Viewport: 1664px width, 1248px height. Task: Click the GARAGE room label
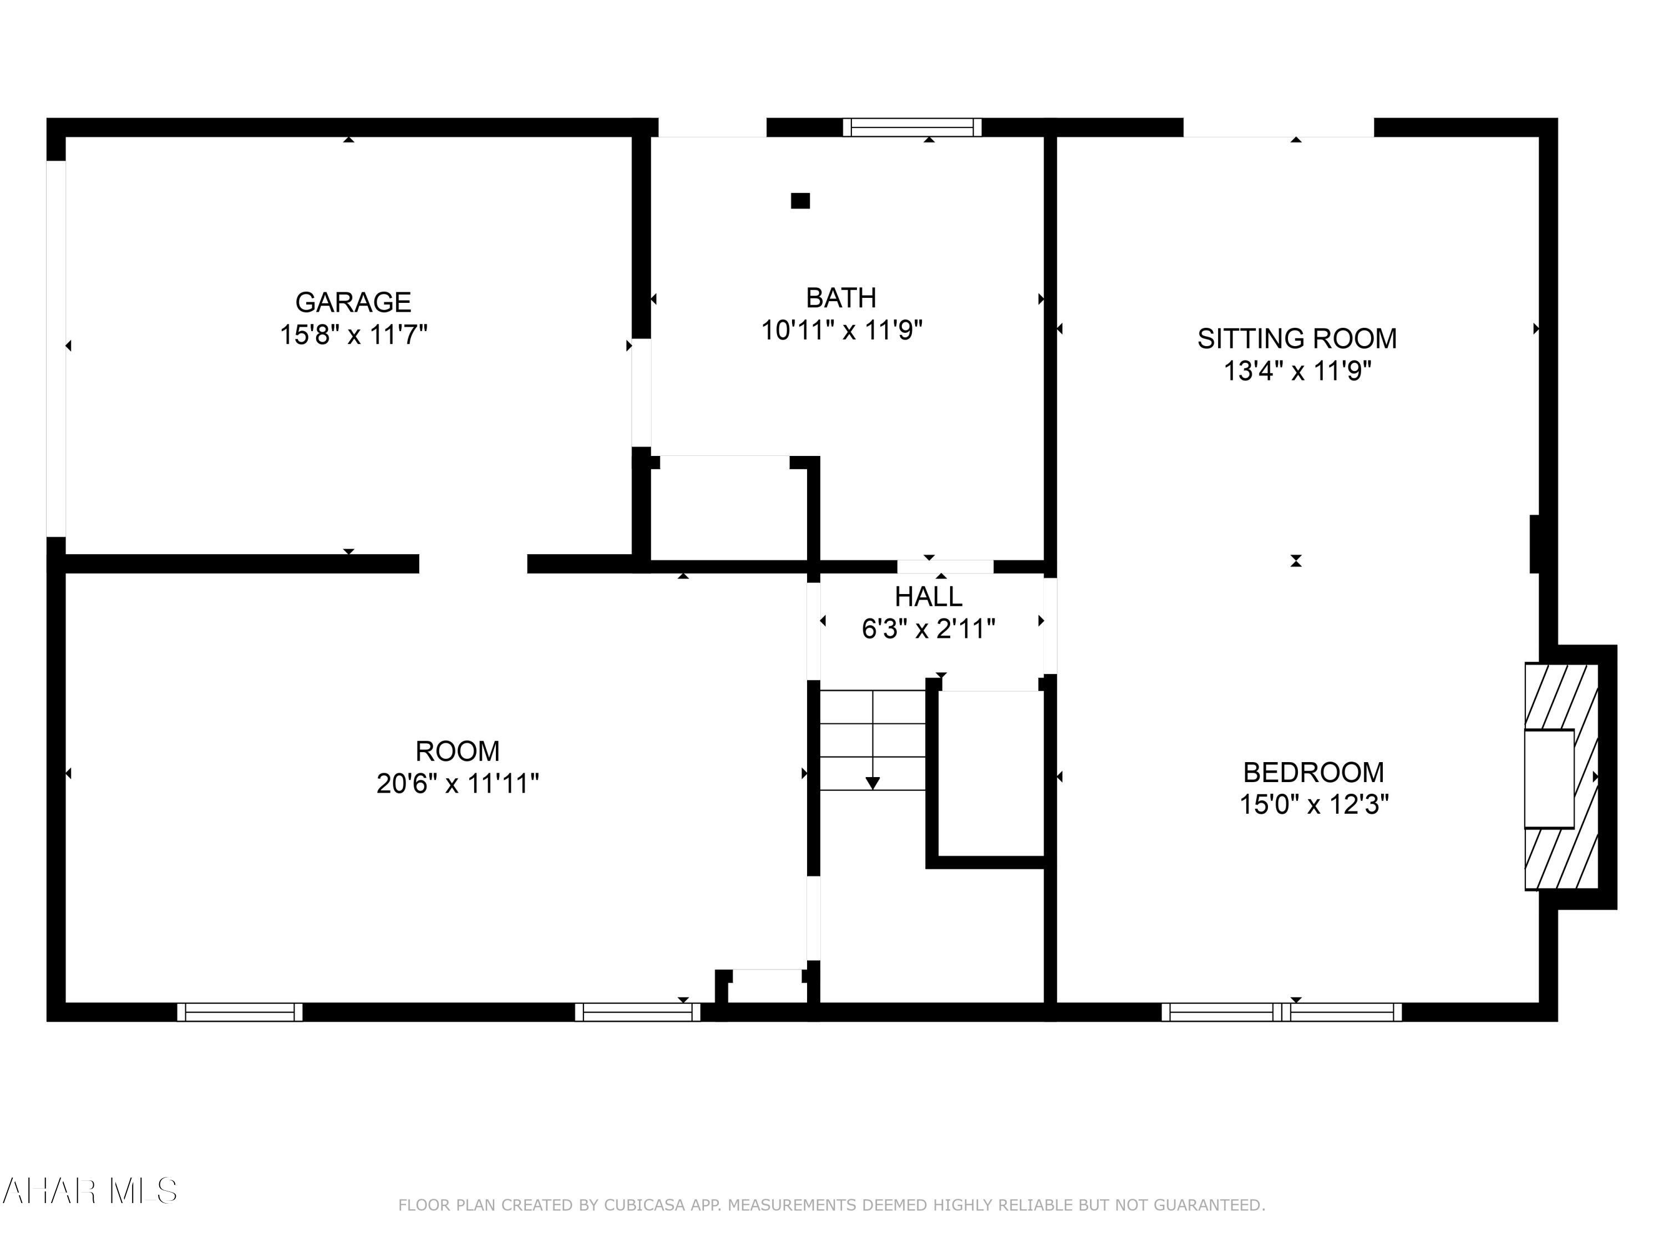point(353,302)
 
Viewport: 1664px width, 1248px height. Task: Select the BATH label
point(840,298)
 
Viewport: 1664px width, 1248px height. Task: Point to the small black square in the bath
point(800,201)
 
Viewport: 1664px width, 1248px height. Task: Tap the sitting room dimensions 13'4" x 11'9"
point(1296,372)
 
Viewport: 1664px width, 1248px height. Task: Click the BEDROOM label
point(1313,773)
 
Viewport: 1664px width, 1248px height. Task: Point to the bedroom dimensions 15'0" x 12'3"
point(1313,805)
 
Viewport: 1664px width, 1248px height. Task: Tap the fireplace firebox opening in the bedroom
point(1548,779)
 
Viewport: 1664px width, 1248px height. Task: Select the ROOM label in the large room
point(456,752)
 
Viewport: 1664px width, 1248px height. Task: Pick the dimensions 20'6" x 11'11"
point(456,784)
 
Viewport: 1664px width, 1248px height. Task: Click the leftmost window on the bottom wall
point(239,1012)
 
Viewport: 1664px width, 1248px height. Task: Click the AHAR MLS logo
point(89,1191)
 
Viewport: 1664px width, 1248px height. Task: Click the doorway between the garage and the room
point(473,564)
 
